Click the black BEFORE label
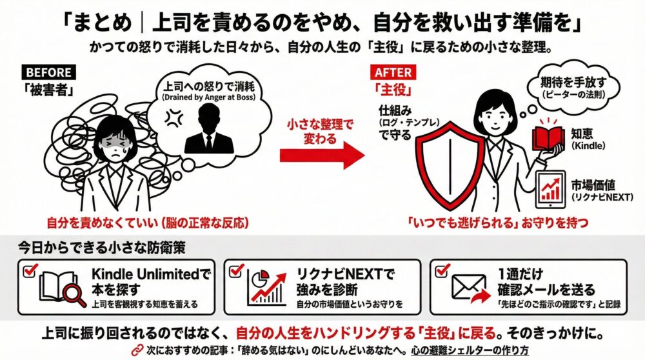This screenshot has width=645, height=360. [x=48, y=73]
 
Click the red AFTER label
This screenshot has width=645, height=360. [x=392, y=73]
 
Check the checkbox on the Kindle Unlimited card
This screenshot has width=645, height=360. [x=30, y=271]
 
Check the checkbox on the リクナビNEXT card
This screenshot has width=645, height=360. [x=235, y=271]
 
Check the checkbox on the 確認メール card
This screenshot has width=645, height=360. [x=443, y=271]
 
